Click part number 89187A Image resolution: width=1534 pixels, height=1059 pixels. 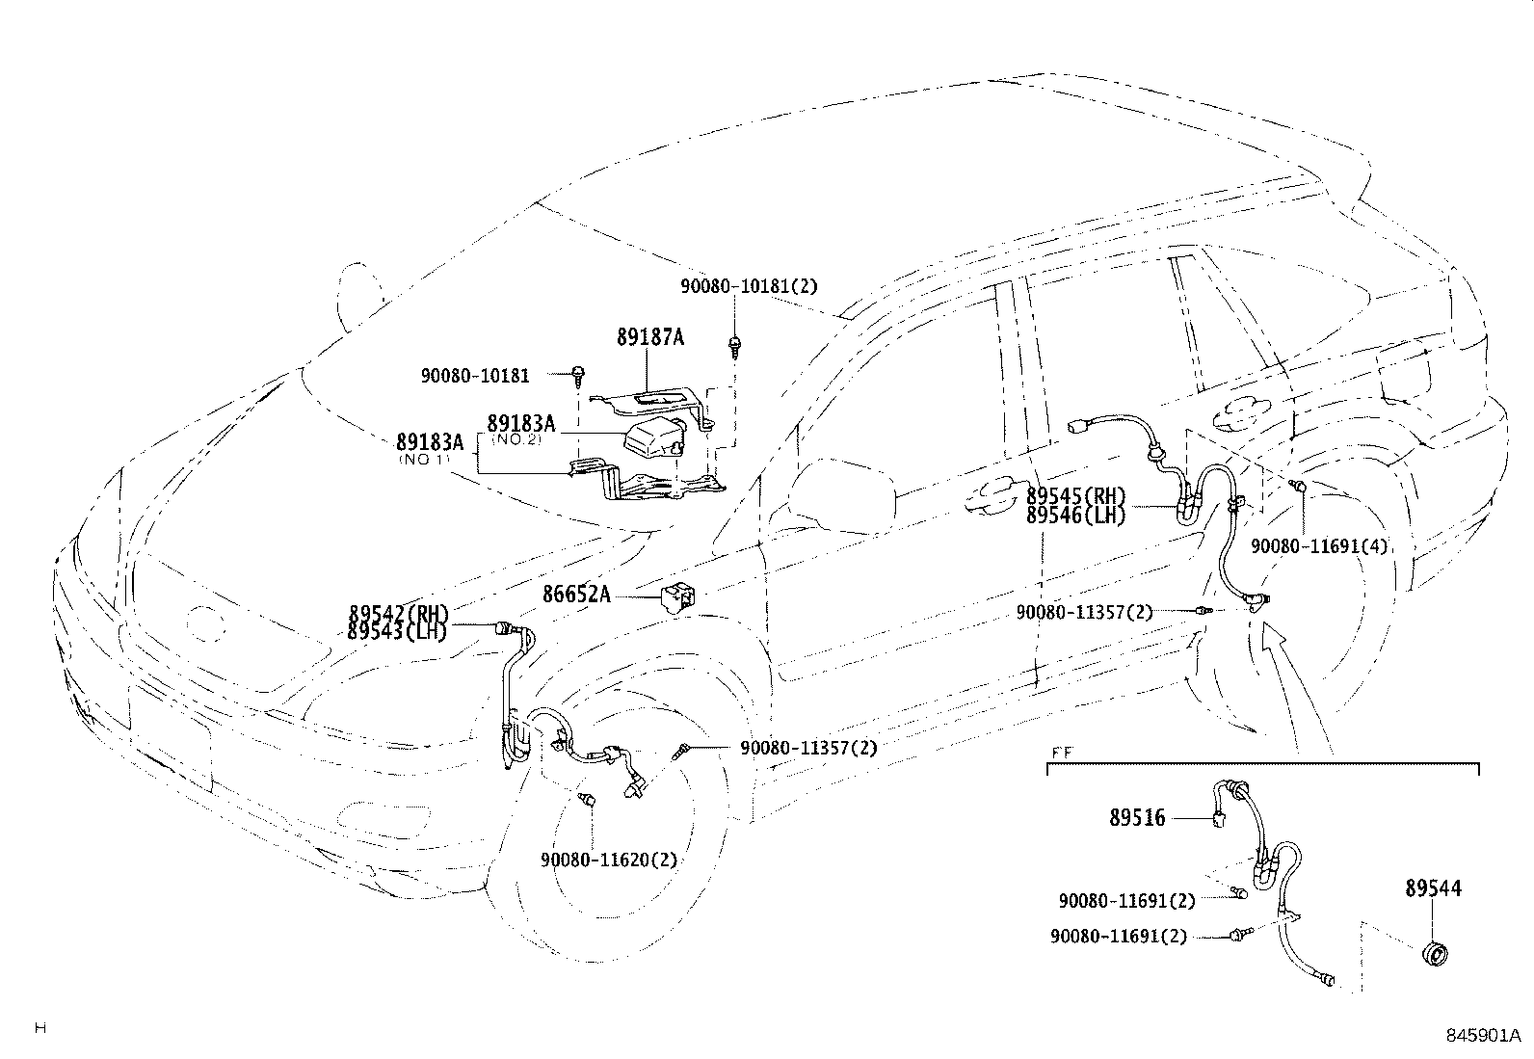coord(650,337)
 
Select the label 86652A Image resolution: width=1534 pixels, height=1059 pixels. coord(575,595)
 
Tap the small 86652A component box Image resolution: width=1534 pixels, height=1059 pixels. coord(678,596)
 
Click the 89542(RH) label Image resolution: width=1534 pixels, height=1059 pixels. coord(398,614)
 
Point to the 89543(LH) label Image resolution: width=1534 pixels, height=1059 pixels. coord(398,631)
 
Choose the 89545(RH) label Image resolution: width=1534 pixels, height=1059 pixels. coord(1075,497)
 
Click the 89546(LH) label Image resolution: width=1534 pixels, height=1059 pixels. coord(1075,516)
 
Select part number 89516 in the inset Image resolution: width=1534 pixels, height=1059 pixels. coord(1137,818)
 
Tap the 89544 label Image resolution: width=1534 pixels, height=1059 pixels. coord(1432,888)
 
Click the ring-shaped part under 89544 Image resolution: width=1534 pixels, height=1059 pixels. coord(1436,954)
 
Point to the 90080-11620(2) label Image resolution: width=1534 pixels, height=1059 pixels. coord(608,860)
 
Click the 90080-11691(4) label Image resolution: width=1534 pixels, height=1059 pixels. coord(1319,546)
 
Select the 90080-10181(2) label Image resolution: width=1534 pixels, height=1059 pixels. coord(749,286)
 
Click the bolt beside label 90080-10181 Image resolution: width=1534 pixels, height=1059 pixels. coord(578,375)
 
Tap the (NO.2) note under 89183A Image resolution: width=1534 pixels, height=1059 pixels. coord(520,439)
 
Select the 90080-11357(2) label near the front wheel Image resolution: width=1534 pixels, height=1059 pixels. coord(808,748)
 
